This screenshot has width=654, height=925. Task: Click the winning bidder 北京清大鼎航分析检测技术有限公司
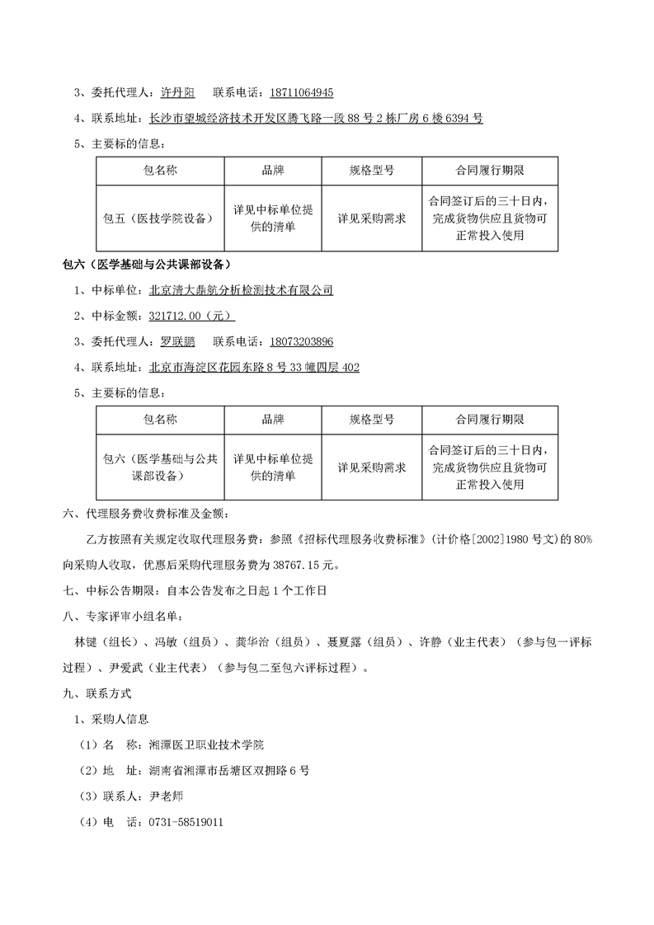(x=241, y=290)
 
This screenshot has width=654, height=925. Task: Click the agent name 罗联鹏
(x=178, y=341)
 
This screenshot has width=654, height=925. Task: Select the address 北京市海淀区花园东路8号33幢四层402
(x=254, y=367)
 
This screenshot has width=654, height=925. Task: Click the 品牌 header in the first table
(x=273, y=171)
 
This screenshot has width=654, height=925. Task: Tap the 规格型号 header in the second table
(x=371, y=420)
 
